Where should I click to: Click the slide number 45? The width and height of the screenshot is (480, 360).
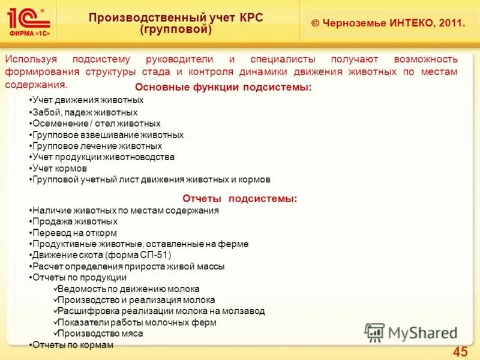click(460, 352)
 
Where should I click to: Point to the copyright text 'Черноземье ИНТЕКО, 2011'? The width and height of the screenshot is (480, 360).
click(388, 23)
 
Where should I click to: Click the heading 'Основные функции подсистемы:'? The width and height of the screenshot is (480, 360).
click(223, 88)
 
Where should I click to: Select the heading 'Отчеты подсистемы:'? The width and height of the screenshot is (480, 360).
click(240, 199)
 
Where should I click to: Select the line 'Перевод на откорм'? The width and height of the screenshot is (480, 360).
click(74, 233)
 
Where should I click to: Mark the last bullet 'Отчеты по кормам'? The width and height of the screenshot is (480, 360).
click(72, 345)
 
